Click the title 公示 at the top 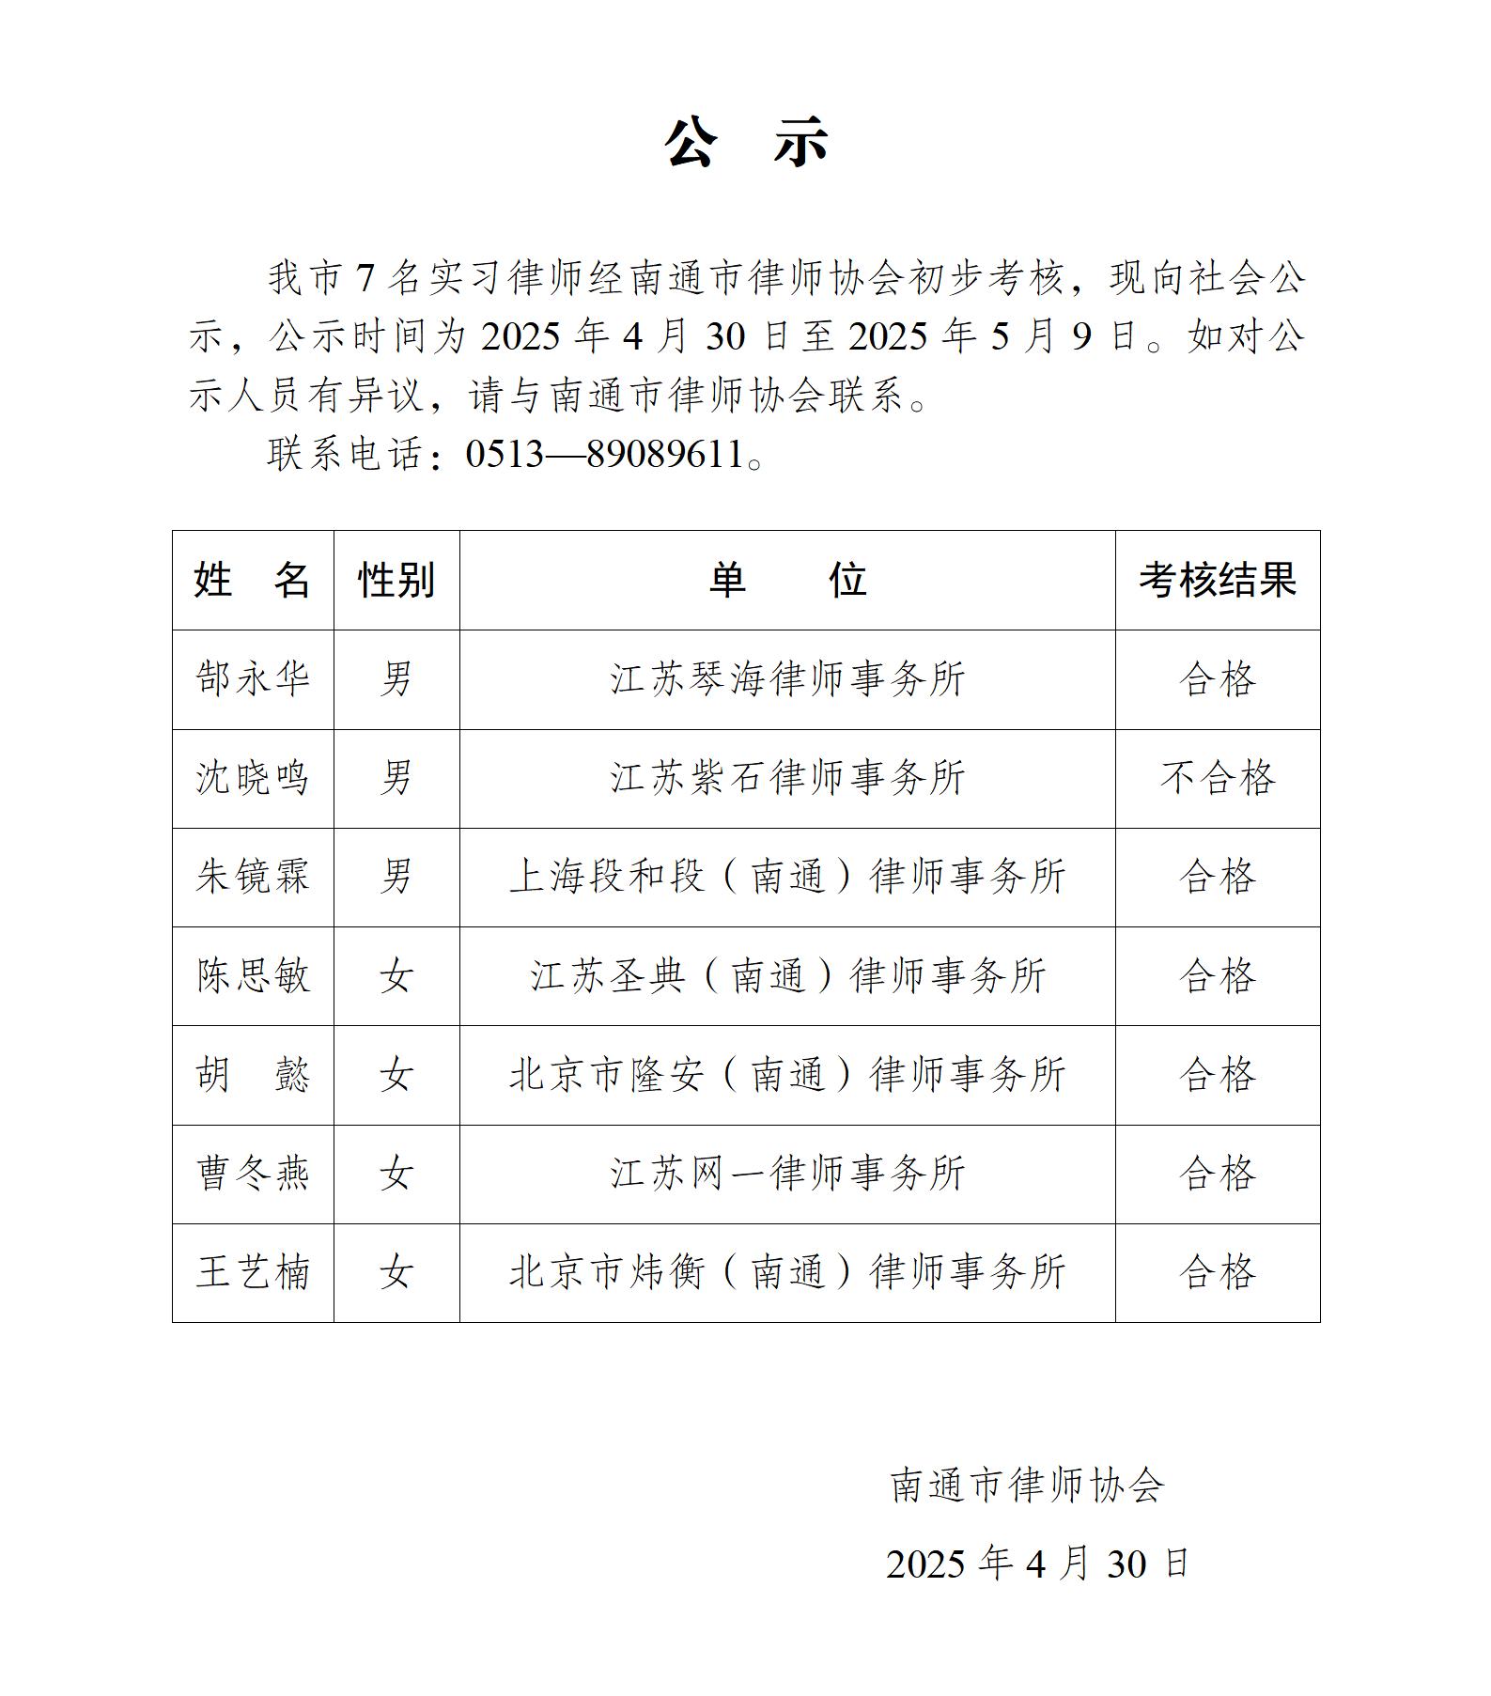(x=746, y=144)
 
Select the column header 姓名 (x=253, y=580)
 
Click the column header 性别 (x=396, y=580)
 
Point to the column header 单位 (x=787, y=580)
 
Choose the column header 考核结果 (x=1218, y=580)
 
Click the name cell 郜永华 (x=253, y=679)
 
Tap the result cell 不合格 (x=1218, y=778)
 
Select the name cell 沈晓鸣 (x=253, y=778)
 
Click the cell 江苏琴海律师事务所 (x=787, y=679)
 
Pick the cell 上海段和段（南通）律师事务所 (x=787, y=877)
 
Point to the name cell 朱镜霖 (x=253, y=877)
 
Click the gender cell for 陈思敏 (x=396, y=976)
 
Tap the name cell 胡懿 (x=253, y=1075)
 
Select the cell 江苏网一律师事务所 (x=787, y=1174)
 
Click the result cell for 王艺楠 (x=1218, y=1272)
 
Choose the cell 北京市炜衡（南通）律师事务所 (x=787, y=1272)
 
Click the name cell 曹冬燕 (x=253, y=1174)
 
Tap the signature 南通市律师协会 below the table (x=1027, y=1486)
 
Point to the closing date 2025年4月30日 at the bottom (x=1037, y=1564)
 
